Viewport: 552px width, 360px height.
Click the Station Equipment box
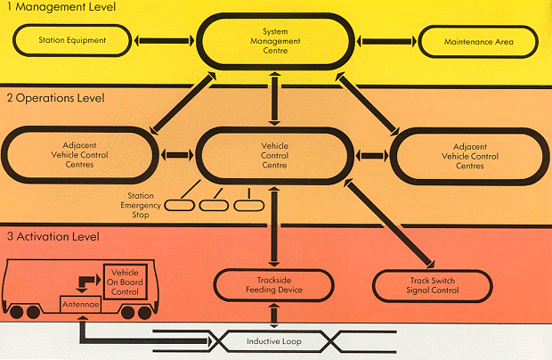coord(73,40)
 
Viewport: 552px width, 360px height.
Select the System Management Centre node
coord(275,40)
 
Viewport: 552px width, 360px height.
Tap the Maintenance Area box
coord(478,41)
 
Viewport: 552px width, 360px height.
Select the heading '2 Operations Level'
coord(55,97)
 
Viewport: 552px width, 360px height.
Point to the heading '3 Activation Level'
coord(53,236)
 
